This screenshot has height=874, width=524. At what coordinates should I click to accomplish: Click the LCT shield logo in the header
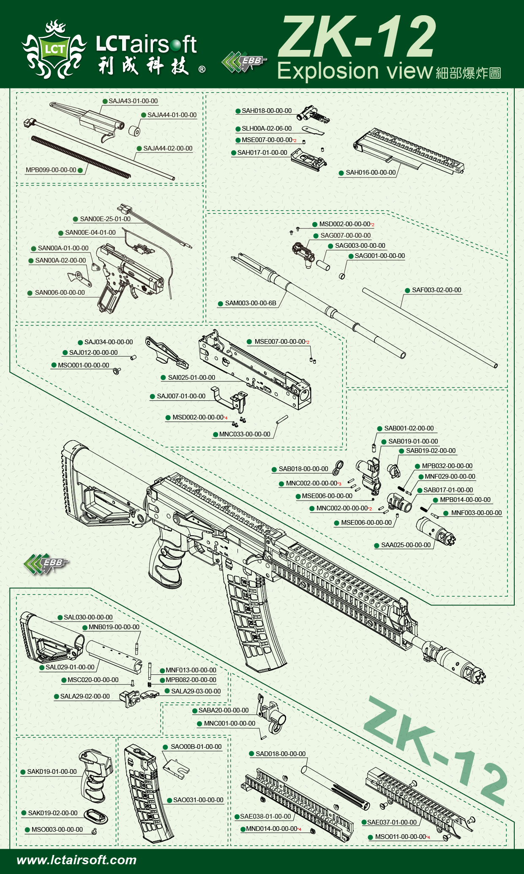[54, 50]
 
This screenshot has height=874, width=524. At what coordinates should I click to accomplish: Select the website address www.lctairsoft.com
[76, 860]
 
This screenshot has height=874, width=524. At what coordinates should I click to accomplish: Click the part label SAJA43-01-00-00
[133, 101]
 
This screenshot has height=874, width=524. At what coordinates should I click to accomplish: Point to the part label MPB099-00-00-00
[51, 170]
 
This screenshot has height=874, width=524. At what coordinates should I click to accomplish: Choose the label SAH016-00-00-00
[370, 173]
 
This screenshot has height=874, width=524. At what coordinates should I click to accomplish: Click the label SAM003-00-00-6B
[250, 303]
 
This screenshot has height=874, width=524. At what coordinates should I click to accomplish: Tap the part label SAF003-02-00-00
[436, 290]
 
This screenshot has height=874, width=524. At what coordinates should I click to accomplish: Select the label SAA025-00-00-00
[406, 545]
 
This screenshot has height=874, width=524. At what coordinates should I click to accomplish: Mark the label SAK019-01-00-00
[52, 772]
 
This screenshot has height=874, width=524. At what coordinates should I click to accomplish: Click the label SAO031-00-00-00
[198, 800]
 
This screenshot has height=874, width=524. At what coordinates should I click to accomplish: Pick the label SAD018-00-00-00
[280, 753]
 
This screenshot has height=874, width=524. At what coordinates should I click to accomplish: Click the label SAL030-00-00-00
[88, 617]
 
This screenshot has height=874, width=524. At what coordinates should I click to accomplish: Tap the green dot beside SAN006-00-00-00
[30, 293]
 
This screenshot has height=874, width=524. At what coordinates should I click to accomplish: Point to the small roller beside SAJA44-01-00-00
[134, 131]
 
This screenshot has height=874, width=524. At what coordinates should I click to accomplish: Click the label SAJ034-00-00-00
[108, 342]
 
